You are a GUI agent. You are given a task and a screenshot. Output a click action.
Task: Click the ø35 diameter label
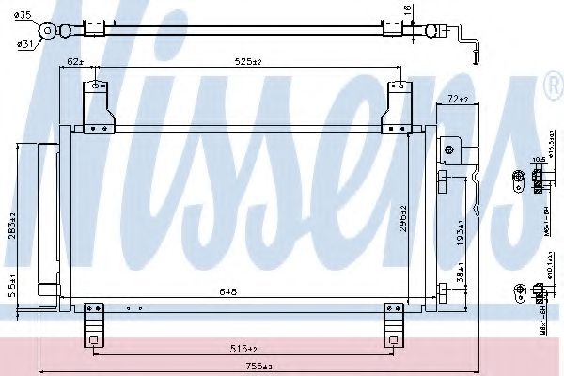click(x=24, y=15)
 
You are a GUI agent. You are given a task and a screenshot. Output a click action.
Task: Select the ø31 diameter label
click(x=24, y=40)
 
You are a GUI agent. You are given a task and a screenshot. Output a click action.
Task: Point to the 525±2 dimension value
click(x=248, y=63)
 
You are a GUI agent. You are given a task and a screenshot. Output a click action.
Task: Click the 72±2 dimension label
click(x=458, y=98)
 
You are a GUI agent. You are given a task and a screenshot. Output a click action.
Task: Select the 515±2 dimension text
click(x=248, y=348)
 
